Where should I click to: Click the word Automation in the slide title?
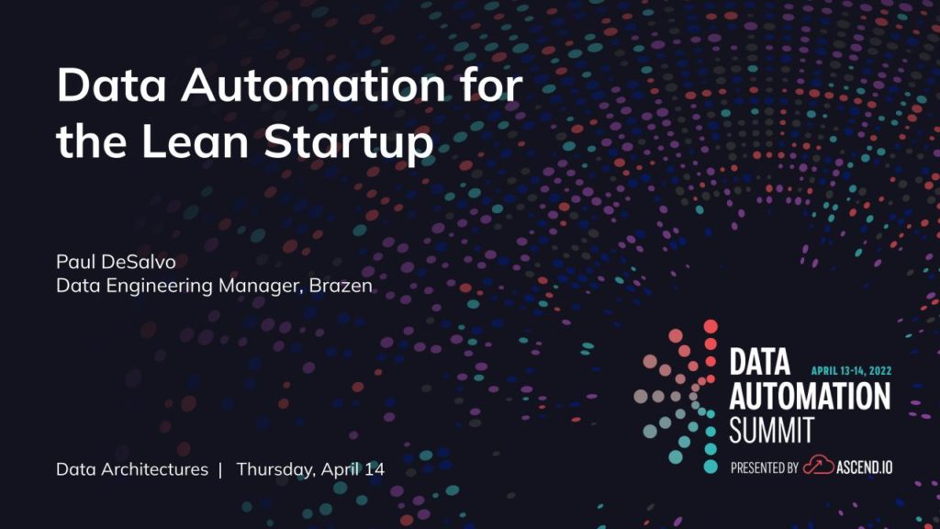click(x=313, y=85)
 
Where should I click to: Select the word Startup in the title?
click(x=348, y=144)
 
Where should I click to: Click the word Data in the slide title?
click(x=111, y=85)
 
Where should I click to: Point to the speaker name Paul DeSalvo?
click(x=116, y=262)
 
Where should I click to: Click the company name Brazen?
click(x=341, y=286)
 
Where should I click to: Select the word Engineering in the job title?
click(x=159, y=287)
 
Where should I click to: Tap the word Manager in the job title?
click(x=260, y=287)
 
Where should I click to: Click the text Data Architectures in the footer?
click(x=132, y=469)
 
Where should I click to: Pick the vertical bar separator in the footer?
click(x=220, y=469)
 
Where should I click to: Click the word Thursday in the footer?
click(x=275, y=469)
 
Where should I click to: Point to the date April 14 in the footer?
click(x=352, y=469)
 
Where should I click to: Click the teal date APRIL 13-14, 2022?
click(x=851, y=371)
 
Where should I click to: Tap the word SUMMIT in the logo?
click(x=771, y=430)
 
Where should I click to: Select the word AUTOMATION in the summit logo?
click(x=810, y=397)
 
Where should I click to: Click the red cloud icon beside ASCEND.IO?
click(x=818, y=466)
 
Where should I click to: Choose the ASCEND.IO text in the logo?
click(x=865, y=467)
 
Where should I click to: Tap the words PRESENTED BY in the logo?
click(x=765, y=467)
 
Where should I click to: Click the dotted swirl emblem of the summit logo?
click(x=677, y=397)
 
